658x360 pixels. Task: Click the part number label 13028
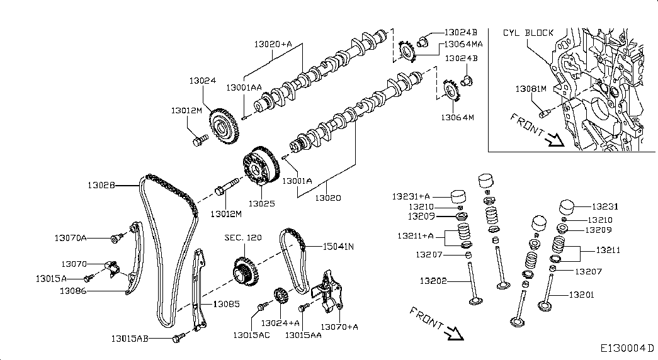[x=101, y=185]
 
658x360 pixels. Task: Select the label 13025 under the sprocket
[x=262, y=203]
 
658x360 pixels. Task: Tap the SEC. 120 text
[x=243, y=237]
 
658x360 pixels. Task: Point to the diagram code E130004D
[x=627, y=348]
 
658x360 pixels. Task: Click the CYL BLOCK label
[x=528, y=33]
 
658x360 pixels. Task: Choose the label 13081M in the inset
[x=531, y=89]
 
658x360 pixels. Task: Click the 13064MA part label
[x=463, y=43]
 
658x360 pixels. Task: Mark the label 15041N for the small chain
[x=338, y=247]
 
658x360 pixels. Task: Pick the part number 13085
[x=227, y=304]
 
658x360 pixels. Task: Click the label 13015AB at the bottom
[x=130, y=338]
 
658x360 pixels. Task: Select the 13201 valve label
[x=582, y=295]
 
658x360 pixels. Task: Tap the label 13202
[x=433, y=281]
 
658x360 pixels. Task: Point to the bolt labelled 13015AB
[x=178, y=337]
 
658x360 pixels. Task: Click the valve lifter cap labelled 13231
[x=567, y=206]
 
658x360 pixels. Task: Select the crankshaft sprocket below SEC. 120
[x=246, y=271]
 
